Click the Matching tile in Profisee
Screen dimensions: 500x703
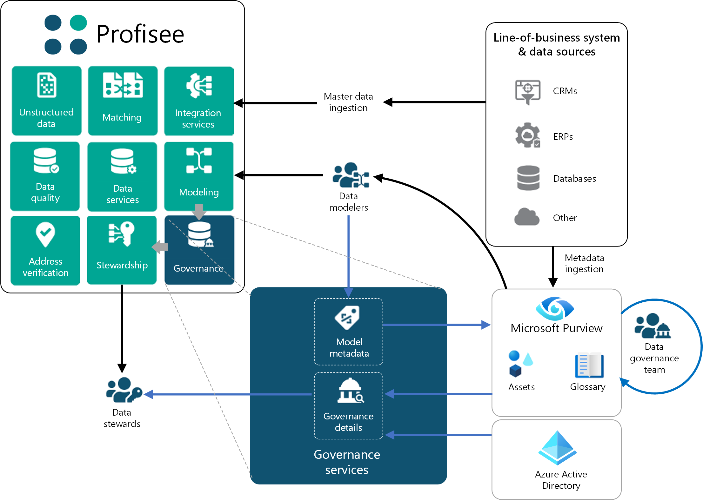[x=123, y=100]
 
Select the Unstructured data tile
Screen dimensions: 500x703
[x=46, y=100]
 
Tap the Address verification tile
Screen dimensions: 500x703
[x=45, y=250]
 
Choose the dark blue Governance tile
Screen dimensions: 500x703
[x=199, y=250]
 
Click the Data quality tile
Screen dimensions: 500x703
[x=45, y=176]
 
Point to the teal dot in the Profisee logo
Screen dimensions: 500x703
[x=78, y=23]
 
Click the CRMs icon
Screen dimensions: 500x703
[x=527, y=91]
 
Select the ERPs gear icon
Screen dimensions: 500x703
[x=527, y=135]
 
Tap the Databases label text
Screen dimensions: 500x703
[x=574, y=179]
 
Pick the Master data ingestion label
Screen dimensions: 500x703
[x=348, y=102]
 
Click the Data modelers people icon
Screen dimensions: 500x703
[x=350, y=175]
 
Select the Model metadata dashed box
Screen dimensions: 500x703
[x=348, y=332]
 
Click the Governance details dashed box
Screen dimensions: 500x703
[x=348, y=405]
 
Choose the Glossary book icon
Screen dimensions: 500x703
[x=589, y=365]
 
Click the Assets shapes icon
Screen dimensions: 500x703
[x=520, y=364]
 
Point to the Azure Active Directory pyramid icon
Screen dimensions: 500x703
[x=557, y=448]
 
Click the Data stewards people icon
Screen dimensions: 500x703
[x=123, y=390]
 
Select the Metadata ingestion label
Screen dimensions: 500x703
[x=584, y=263]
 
